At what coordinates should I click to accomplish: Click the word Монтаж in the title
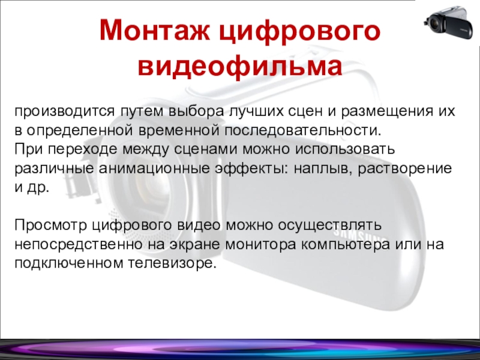pos(155,31)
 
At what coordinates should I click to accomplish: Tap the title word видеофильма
pos(240,67)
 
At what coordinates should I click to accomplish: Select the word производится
pos(64,112)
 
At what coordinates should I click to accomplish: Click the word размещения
pos(386,112)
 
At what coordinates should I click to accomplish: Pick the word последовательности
pos(303,130)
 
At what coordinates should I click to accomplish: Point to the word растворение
pos(404,169)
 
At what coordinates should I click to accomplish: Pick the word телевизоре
pos(172,263)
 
